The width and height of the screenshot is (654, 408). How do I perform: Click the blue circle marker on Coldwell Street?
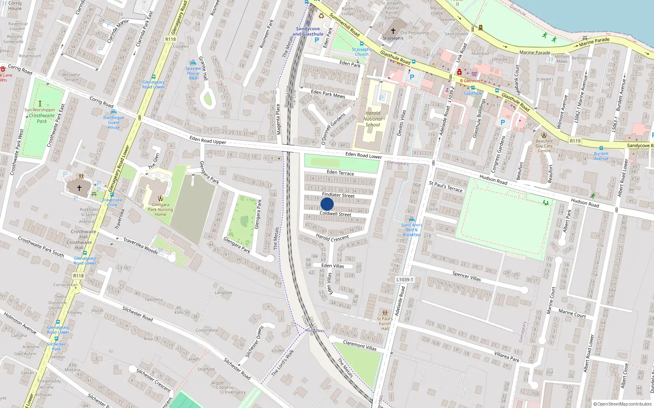(327, 204)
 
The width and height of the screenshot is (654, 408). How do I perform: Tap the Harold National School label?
(373, 119)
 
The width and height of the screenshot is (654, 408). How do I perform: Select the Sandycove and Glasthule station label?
(308, 31)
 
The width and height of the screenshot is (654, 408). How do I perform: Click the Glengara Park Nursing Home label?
(160, 210)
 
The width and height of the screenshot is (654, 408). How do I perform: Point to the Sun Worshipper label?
(40, 110)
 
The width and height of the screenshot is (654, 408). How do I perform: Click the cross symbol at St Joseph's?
(393, 31)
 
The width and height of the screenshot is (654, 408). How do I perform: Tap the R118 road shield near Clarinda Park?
(170, 39)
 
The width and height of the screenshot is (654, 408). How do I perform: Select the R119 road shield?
(575, 141)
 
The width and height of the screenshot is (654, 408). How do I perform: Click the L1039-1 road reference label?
(405, 279)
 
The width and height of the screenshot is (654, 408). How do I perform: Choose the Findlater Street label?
(338, 195)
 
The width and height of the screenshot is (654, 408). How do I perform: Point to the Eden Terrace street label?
(340, 173)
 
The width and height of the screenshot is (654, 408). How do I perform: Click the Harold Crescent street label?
(332, 237)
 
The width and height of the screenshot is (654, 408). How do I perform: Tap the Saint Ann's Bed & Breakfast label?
(412, 230)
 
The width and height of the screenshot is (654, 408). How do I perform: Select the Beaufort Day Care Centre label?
(544, 146)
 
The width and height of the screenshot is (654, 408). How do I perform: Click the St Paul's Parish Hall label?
(385, 324)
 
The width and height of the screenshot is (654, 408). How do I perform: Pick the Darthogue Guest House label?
(114, 122)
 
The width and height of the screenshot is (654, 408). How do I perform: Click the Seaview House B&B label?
(193, 73)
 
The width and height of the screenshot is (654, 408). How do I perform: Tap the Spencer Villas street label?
(466, 276)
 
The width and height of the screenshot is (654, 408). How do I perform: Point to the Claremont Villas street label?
(360, 345)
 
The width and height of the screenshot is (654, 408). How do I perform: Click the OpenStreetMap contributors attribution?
(622, 404)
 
